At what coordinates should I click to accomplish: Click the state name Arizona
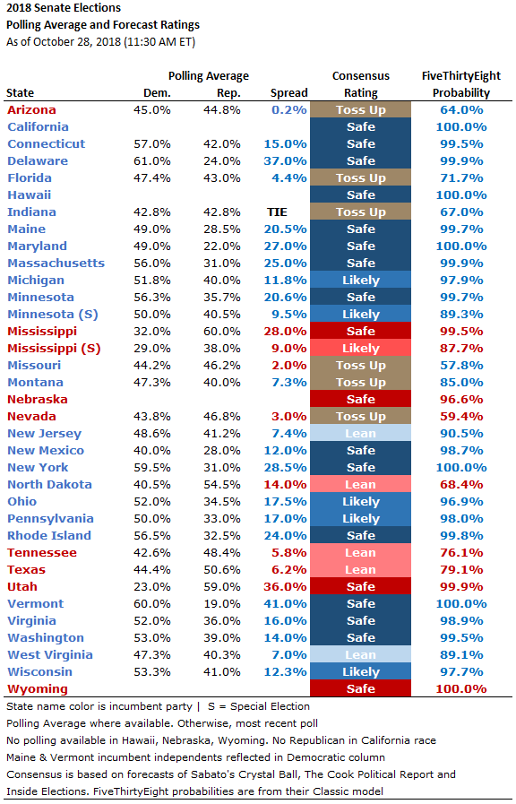[31, 109]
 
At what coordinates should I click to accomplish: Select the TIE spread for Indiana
[277, 212]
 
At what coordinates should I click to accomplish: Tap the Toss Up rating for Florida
[361, 178]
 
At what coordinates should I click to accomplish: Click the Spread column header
[289, 93]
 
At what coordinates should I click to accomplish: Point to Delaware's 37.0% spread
[286, 161]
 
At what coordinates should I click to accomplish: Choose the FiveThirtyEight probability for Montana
[461, 383]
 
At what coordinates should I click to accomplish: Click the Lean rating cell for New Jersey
[361, 433]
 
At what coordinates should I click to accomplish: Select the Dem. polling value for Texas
[152, 570]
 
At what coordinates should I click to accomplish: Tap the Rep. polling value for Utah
[222, 586]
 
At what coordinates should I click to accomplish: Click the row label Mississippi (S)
[54, 349]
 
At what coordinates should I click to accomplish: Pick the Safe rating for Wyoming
[361, 688]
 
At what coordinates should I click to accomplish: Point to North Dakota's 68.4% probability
[461, 485]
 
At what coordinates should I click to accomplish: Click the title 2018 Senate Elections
[64, 8]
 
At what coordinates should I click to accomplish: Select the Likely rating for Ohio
[361, 501]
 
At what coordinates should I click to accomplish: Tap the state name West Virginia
[50, 655]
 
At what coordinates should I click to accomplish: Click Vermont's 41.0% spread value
[286, 603]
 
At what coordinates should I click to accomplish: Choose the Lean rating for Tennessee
[361, 553]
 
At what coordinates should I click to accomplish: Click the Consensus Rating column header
[361, 84]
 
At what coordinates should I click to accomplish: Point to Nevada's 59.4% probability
[461, 417]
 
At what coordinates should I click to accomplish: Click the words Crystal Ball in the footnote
[268, 774]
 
